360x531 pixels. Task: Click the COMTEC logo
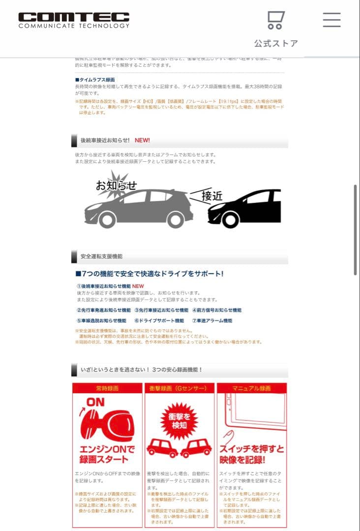click(74, 20)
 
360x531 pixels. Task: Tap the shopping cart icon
click(275, 20)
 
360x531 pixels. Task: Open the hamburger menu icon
click(331, 19)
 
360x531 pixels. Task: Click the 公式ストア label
click(276, 43)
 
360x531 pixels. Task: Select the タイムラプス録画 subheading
click(95, 79)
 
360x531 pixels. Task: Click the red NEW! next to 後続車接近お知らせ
click(142, 140)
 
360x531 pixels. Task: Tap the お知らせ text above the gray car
click(116, 185)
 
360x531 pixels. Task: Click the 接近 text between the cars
click(211, 196)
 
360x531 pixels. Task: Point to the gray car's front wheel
click(107, 219)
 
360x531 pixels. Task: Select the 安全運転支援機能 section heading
click(101, 256)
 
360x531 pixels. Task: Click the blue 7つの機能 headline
click(149, 274)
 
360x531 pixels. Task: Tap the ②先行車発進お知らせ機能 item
click(103, 310)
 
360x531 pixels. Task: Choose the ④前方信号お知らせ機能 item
click(217, 310)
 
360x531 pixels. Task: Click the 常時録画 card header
click(107, 388)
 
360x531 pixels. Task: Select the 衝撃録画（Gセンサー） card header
click(179, 388)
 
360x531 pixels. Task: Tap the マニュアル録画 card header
click(251, 388)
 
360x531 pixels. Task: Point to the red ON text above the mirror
click(95, 402)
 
